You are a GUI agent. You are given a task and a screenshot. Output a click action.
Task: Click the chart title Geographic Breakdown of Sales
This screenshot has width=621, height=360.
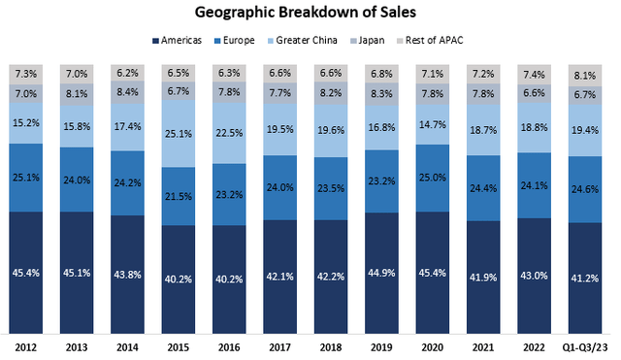pyautogui.click(x=310, y=13)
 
